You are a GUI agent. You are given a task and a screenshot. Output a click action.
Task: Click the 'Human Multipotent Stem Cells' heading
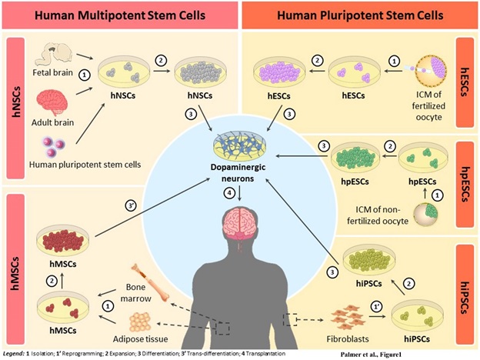pyautogui.click(x=120, y=15)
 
